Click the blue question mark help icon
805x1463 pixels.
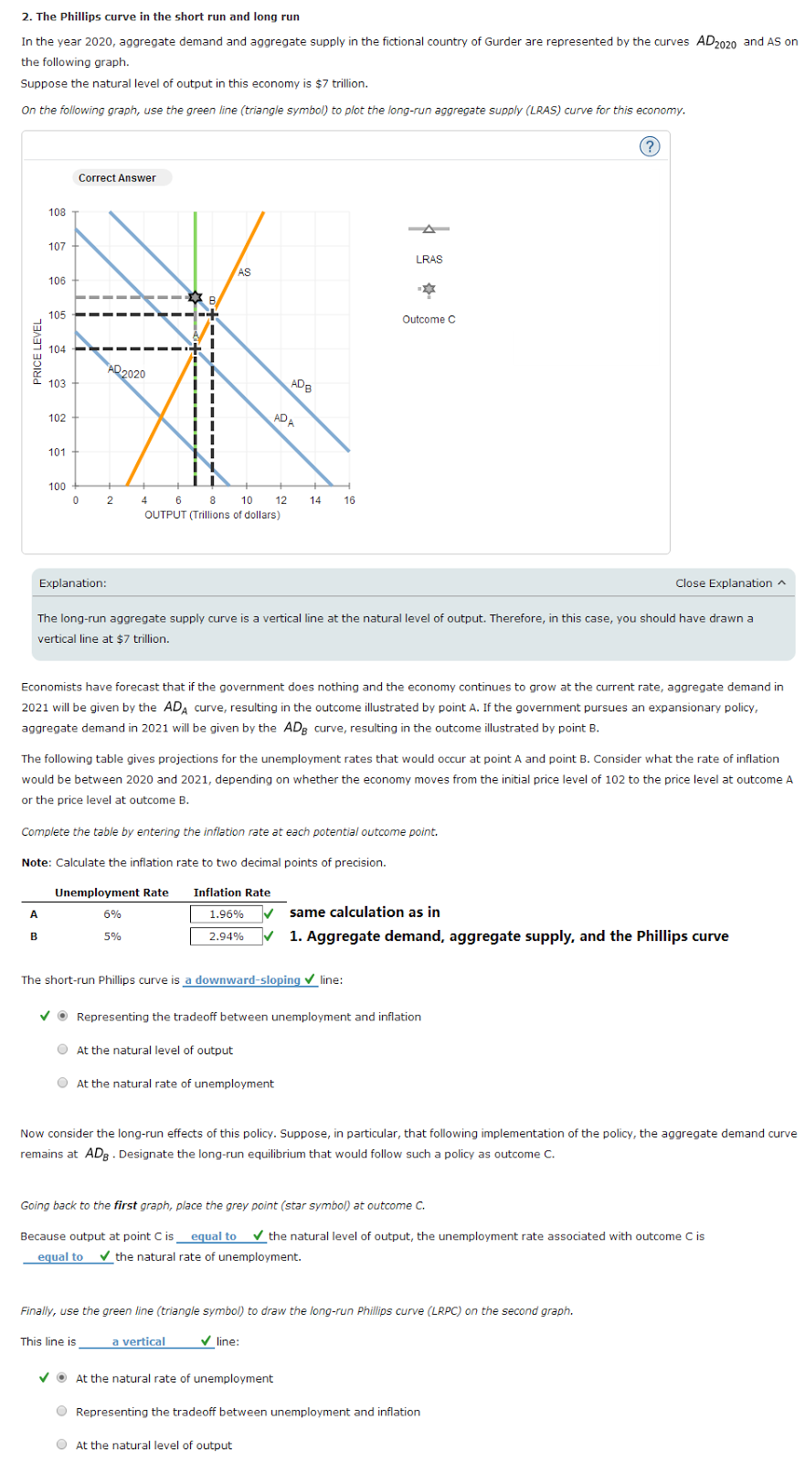click(x=650, y=146)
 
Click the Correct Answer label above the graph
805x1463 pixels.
click(x=117, y=178)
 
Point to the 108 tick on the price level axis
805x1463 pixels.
click(x=58, y=212)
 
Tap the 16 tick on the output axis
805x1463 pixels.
click(x=349, y=500)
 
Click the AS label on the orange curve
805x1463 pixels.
click(x=244, y=272)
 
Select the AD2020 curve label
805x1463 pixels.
click(x=126, y=373)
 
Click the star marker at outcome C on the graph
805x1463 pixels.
click(x=195, y=297)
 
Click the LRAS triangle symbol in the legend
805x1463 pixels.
click(x=429, y=229)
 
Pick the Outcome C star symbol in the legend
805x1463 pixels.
click(x=429, y=290)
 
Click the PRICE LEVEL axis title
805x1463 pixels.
click(x=37, y=352)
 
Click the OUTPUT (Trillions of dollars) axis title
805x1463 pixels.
click(x=212, y=515)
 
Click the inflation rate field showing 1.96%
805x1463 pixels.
click(x=226, y=913)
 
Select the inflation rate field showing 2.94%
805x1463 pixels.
click(x=226, y=936)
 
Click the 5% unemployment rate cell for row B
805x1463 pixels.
click(x=112, y=936)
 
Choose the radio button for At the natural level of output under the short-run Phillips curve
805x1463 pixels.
click(x=63, y=1050)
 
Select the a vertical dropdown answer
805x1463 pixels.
click(x=139, y=1341)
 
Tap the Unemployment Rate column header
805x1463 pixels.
click(x=111, y=892)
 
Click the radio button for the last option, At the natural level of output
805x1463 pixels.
click(x=62, y=1445)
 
